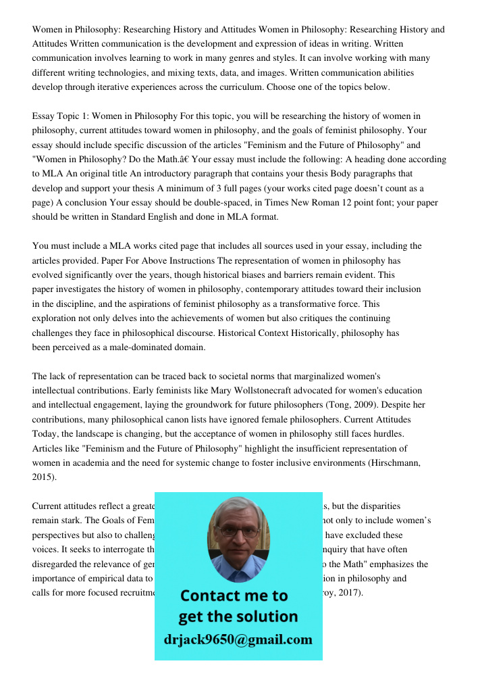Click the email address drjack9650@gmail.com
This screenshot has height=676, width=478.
tap(238, 639)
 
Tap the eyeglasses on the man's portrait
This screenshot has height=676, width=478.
tap(238, 531)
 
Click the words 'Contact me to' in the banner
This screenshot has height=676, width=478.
tap(234, 596)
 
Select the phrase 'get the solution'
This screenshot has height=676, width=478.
tap(238, 617)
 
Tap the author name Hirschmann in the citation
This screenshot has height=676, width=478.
tap(398, 463)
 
